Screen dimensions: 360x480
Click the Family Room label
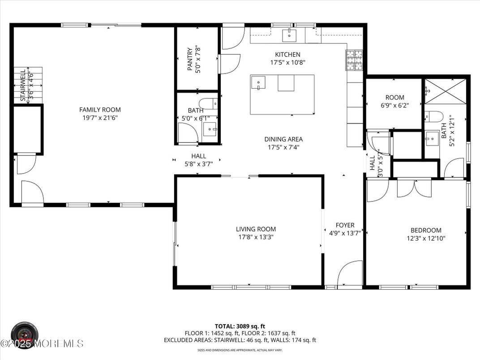[100, 110]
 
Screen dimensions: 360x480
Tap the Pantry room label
[190, 60]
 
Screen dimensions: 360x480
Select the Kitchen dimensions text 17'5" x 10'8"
[288, 63]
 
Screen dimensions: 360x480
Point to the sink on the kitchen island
[258, 83]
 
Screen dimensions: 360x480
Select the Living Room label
[256, 229]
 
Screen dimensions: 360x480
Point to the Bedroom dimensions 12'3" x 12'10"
[426, 238]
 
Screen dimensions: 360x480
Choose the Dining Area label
[283, 139]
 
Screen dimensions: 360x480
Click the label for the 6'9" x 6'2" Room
[394, 97]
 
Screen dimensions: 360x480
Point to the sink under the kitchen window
[289, 34]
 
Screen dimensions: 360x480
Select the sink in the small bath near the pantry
[210, 130]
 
